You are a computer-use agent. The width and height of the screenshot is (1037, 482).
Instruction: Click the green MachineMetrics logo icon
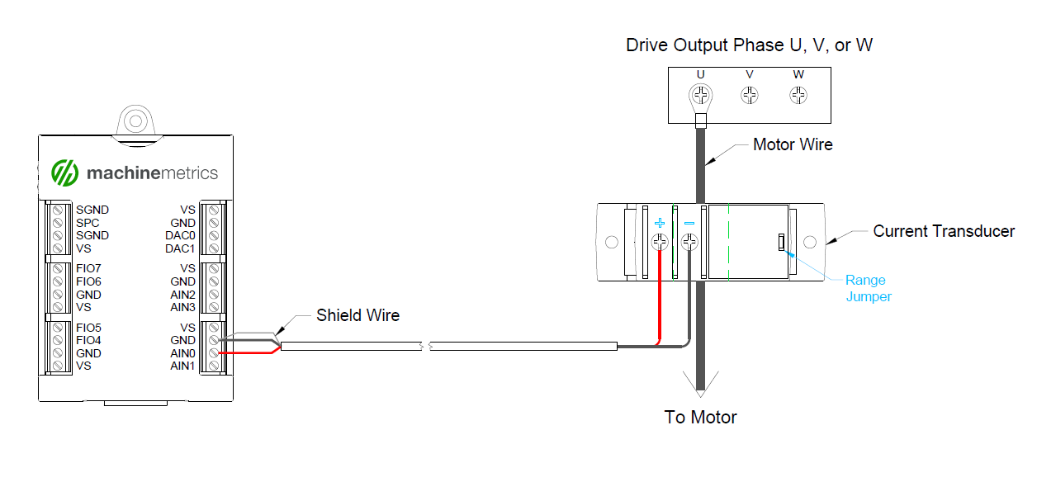point(64,172)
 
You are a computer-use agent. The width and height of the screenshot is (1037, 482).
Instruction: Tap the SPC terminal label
point(88,223)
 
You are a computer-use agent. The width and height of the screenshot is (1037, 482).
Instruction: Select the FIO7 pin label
point(88,269)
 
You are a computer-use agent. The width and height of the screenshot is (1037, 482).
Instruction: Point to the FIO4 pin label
point(88,340)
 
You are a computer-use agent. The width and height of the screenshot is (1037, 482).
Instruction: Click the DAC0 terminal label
point(180,235)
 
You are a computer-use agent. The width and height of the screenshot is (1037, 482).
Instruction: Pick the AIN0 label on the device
point(182,353)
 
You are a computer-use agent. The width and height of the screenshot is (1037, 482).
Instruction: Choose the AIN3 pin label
point(182,307)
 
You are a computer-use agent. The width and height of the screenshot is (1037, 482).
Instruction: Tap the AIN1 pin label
point(182,366)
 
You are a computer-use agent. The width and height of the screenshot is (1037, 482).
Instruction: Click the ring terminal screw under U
point(701,96)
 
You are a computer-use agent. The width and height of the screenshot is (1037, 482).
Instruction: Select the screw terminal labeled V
point(750,96)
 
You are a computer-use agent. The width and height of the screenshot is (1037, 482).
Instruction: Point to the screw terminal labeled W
point(798,96)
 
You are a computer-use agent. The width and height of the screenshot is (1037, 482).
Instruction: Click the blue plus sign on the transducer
point(660,224)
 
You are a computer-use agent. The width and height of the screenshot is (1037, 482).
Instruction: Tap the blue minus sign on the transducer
point(689,224)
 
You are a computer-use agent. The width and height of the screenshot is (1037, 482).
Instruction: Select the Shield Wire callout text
point(358,315)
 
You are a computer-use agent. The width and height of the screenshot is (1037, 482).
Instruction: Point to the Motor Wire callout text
point(793,144)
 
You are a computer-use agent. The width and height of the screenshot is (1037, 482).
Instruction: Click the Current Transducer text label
point(944,231)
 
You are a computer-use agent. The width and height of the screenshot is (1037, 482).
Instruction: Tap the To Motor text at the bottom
point(700,417)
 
